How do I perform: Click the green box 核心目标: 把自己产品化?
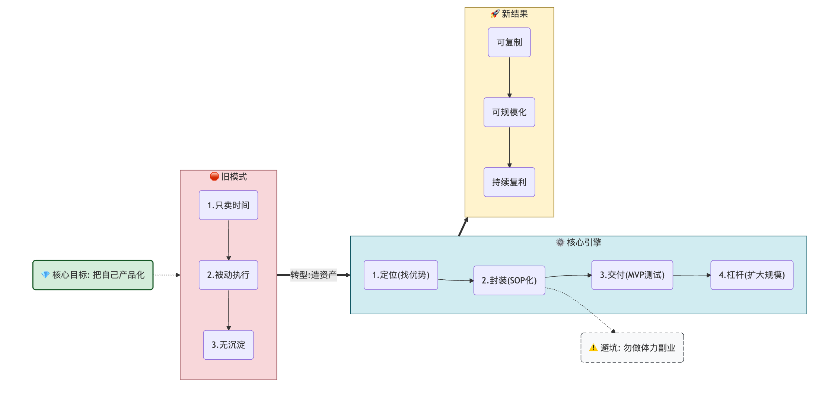coord(93,275)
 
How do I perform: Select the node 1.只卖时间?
coord(228,205)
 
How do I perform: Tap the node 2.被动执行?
coord(228,275)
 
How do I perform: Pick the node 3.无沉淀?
coord(228,345)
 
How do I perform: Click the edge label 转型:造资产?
coord(313,275)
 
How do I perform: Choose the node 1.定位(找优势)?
coord(401,275)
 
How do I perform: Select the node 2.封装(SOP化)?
coord(509,280)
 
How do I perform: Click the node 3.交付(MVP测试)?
coord(632,275)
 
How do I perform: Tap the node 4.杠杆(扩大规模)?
coord(752,275)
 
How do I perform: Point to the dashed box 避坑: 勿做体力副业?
coord(632,348)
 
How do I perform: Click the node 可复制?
coord(509,42)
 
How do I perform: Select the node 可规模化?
coord(509,112)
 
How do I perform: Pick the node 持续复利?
coord(509,182)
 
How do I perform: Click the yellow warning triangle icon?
coord(593,348)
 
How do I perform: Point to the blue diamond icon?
coord(45,275)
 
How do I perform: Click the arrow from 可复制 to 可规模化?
coord(509,77)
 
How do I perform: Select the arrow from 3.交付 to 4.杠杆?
coord(691,275)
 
